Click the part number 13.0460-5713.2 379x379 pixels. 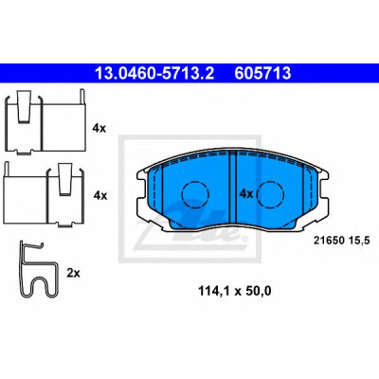click(154, 74)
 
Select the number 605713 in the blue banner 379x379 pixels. click(262, 74)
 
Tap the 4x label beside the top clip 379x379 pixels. click(99, 128)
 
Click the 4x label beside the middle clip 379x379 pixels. click(100, 196)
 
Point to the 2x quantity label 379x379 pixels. click(73, 273)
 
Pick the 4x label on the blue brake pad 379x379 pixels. click(246, 193)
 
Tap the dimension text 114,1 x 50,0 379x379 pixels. click(235, 291)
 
